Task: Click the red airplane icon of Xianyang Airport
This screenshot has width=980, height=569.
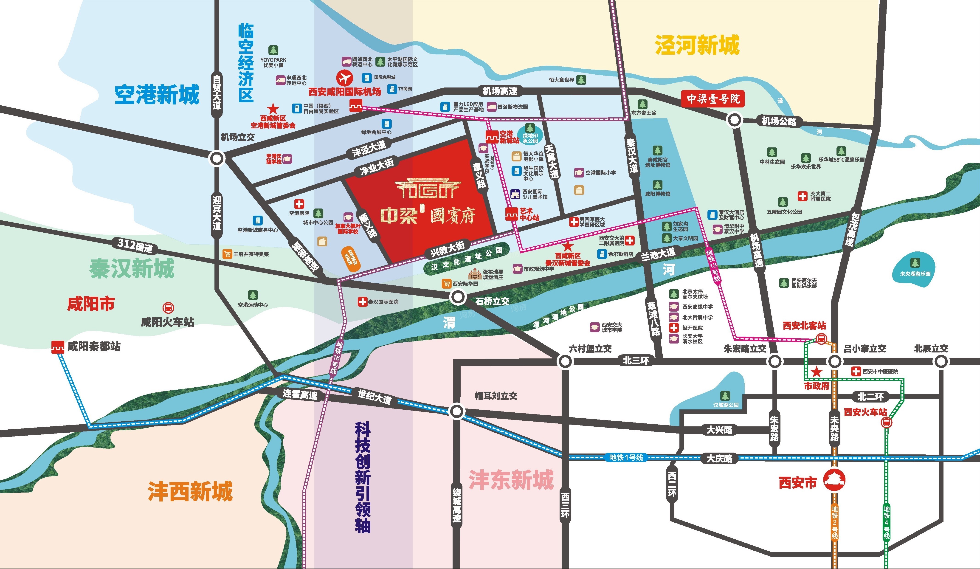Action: pos(344,78)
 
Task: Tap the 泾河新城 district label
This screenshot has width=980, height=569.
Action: pos(697,45)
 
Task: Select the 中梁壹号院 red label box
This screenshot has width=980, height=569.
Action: pos(713,99)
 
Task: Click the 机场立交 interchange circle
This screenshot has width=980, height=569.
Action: pos(217,158)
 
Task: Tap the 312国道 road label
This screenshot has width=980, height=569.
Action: pos(135,245)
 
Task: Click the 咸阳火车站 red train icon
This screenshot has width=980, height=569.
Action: pos(168,308)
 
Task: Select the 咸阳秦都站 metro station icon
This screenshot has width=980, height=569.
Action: pos(58,346)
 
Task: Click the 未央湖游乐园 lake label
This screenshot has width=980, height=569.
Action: pos(915,274)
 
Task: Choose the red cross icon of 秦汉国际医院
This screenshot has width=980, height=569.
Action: pos(362,301)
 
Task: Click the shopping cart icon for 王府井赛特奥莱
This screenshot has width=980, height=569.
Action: pos(228,254)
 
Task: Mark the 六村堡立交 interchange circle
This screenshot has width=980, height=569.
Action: pos(565,361)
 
